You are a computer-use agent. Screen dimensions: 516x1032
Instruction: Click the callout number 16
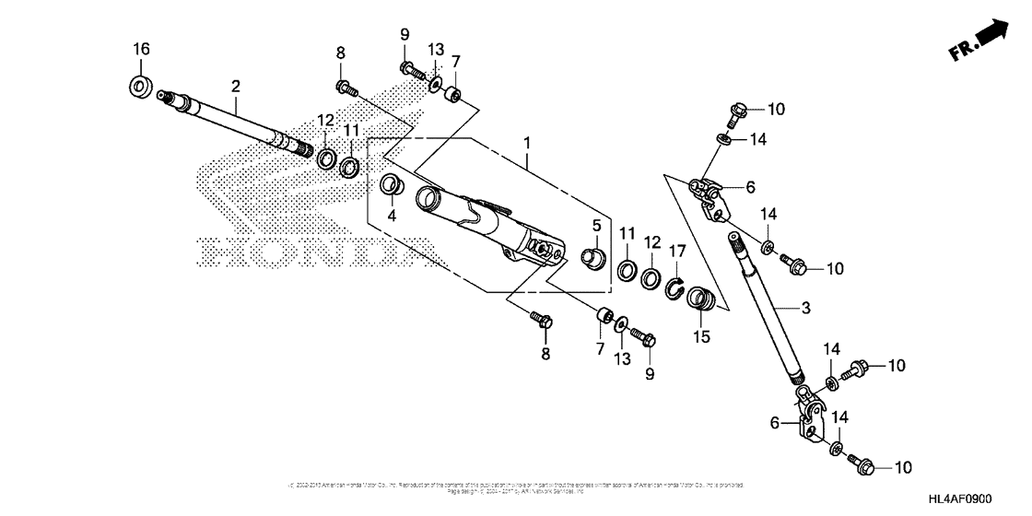coord(140,49)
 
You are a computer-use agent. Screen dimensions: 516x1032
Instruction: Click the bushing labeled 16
coord(141,88)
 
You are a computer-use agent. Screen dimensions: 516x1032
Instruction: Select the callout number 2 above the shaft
coord(236,86)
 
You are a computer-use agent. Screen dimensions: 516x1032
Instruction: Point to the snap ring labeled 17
coord(676,289)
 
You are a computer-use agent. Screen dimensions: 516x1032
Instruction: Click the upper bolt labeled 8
coord(347,88)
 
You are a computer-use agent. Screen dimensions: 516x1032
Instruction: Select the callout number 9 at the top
coord(405,36)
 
